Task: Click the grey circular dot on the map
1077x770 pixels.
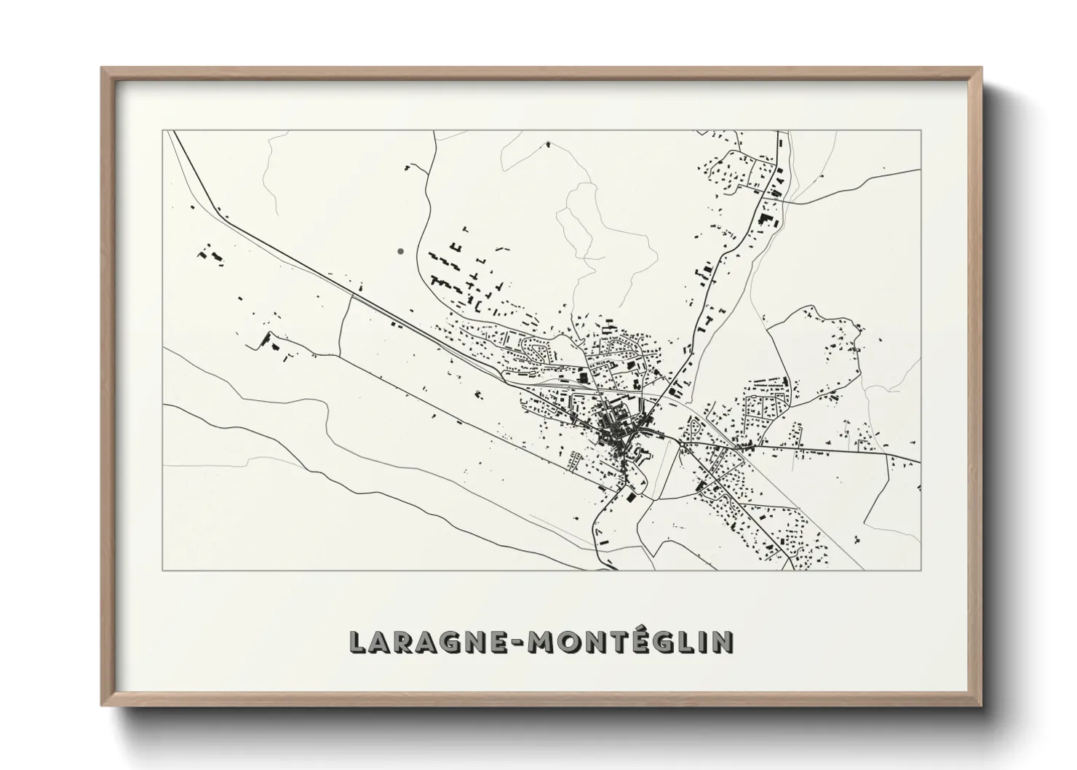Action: (400, 251)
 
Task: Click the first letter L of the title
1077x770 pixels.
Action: (357, 641)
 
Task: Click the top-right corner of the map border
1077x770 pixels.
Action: (921, 131)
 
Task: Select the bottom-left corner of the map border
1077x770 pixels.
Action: (163, 570)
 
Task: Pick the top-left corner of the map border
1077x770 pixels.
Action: (163, 131)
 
